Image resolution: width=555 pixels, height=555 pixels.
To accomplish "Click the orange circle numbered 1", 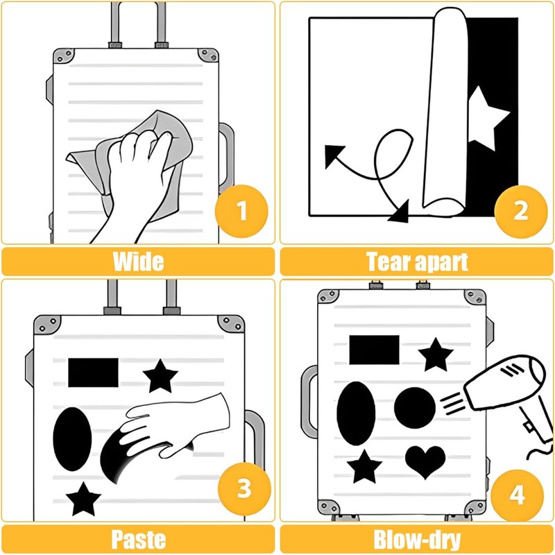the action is (x=241, y=211).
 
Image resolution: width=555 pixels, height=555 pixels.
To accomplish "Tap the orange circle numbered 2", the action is (x=521, y=211).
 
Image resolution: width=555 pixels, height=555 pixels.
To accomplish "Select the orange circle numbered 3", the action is (x=244, y=489).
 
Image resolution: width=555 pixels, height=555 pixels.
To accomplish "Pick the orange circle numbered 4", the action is (x=517, y=495).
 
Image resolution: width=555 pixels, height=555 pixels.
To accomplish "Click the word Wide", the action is (x=138, y=262).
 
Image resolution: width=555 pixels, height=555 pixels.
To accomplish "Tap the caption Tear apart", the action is (x=418, y=262).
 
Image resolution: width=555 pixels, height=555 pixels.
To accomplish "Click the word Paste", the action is (x=138, y=540).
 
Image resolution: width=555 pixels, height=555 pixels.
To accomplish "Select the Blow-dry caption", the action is (x=418, y=540).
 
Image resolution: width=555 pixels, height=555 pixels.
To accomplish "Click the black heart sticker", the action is (x=425, y=460).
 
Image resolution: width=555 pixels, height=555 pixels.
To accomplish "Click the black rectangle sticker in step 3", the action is (x=93, y=373).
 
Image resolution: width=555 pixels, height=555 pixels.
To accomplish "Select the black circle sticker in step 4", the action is (x=415, y=407).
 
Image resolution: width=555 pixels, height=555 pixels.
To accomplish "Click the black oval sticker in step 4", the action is (x=356, y=413).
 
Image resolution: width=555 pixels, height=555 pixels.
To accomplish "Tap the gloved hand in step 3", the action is (x=177, y=425).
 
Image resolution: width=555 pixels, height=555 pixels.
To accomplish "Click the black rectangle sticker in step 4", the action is (x=374, y=350).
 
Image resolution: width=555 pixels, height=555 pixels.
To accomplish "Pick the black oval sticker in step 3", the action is (x=72, y=439).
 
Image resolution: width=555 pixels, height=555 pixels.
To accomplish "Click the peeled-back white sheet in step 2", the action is (x=446, y=110).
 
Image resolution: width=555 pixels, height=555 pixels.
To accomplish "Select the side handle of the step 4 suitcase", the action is (x=307, y=402).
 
